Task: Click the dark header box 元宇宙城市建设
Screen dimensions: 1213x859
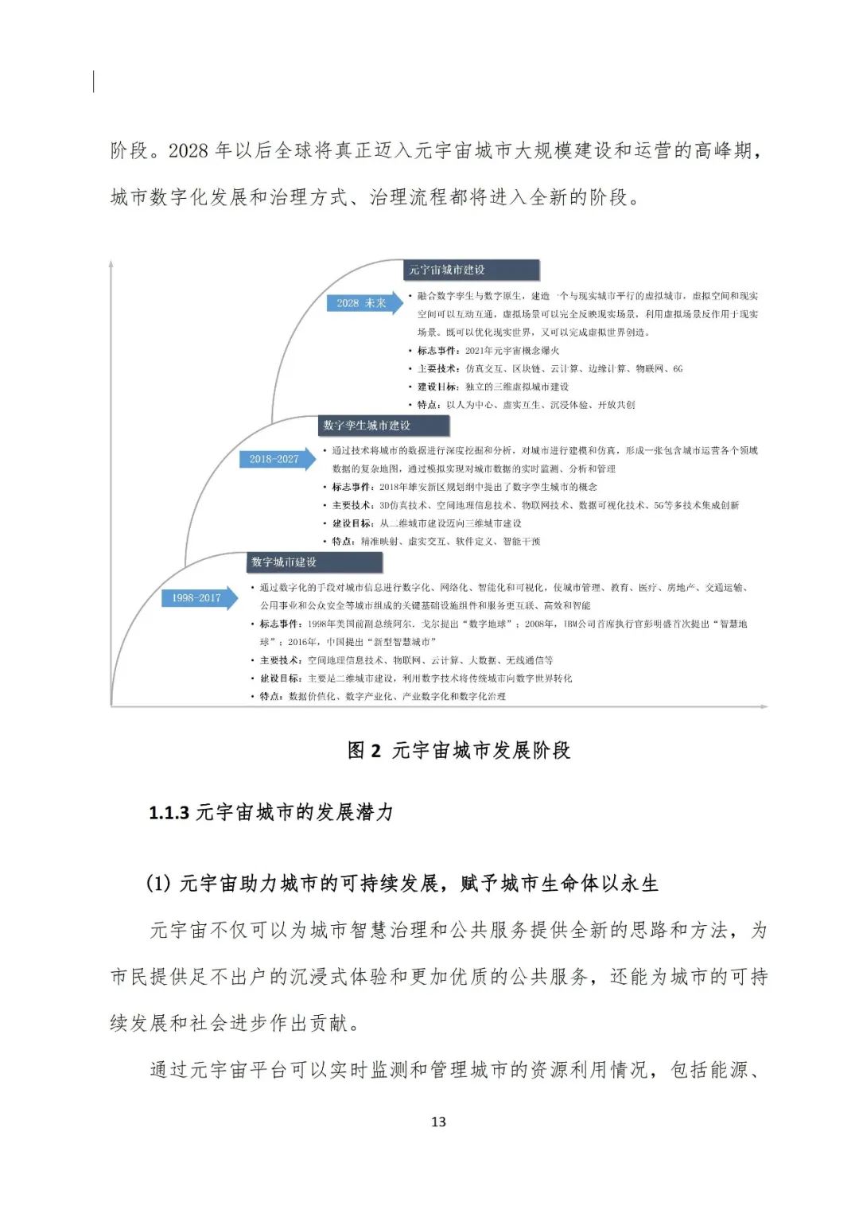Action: (x=471, y=270)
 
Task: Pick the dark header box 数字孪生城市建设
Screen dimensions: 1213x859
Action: (x=384, y=426)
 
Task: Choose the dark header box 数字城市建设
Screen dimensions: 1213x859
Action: (x=313, y=562)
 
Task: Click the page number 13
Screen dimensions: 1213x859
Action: (x=438, y=1122)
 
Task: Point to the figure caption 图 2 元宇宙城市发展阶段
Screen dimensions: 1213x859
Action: (x=459, y=750)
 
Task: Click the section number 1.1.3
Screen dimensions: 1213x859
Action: (x=169, y=812)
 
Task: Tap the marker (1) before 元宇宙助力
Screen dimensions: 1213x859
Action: (x=159, y=883)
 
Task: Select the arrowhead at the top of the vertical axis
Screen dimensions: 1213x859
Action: (x=111, y=263)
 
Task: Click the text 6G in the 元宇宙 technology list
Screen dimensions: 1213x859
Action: (x=677, y=368)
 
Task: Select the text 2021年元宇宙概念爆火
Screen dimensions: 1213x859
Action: (x=511, y=350)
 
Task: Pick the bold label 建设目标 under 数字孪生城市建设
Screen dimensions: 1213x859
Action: (x=352, y=523)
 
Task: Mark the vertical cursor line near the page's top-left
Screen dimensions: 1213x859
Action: (x=94, y=81)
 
